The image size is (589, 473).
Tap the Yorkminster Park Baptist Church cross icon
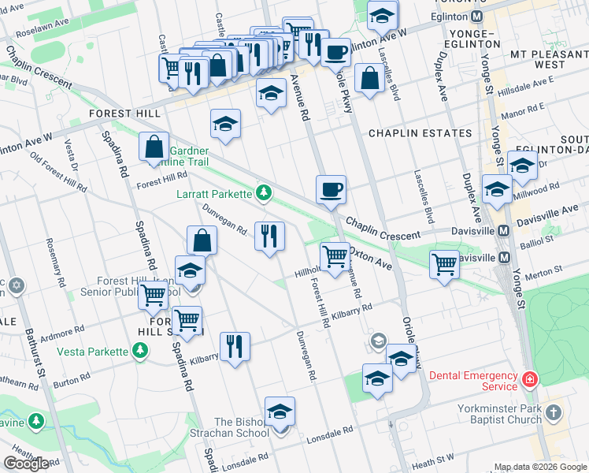(x=554, y=412)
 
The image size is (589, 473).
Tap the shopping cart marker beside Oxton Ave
(x=335, y=256)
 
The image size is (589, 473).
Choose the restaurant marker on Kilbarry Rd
(x=235, y=346)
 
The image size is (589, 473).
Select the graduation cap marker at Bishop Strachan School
(x=280, y=412)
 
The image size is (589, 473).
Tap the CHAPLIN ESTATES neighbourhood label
(x=420, y=133)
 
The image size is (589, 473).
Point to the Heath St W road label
(x=435, y=457)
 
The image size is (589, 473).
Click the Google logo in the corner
(x=26, y=463)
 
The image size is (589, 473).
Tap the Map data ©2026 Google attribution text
(x=540, y=467)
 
